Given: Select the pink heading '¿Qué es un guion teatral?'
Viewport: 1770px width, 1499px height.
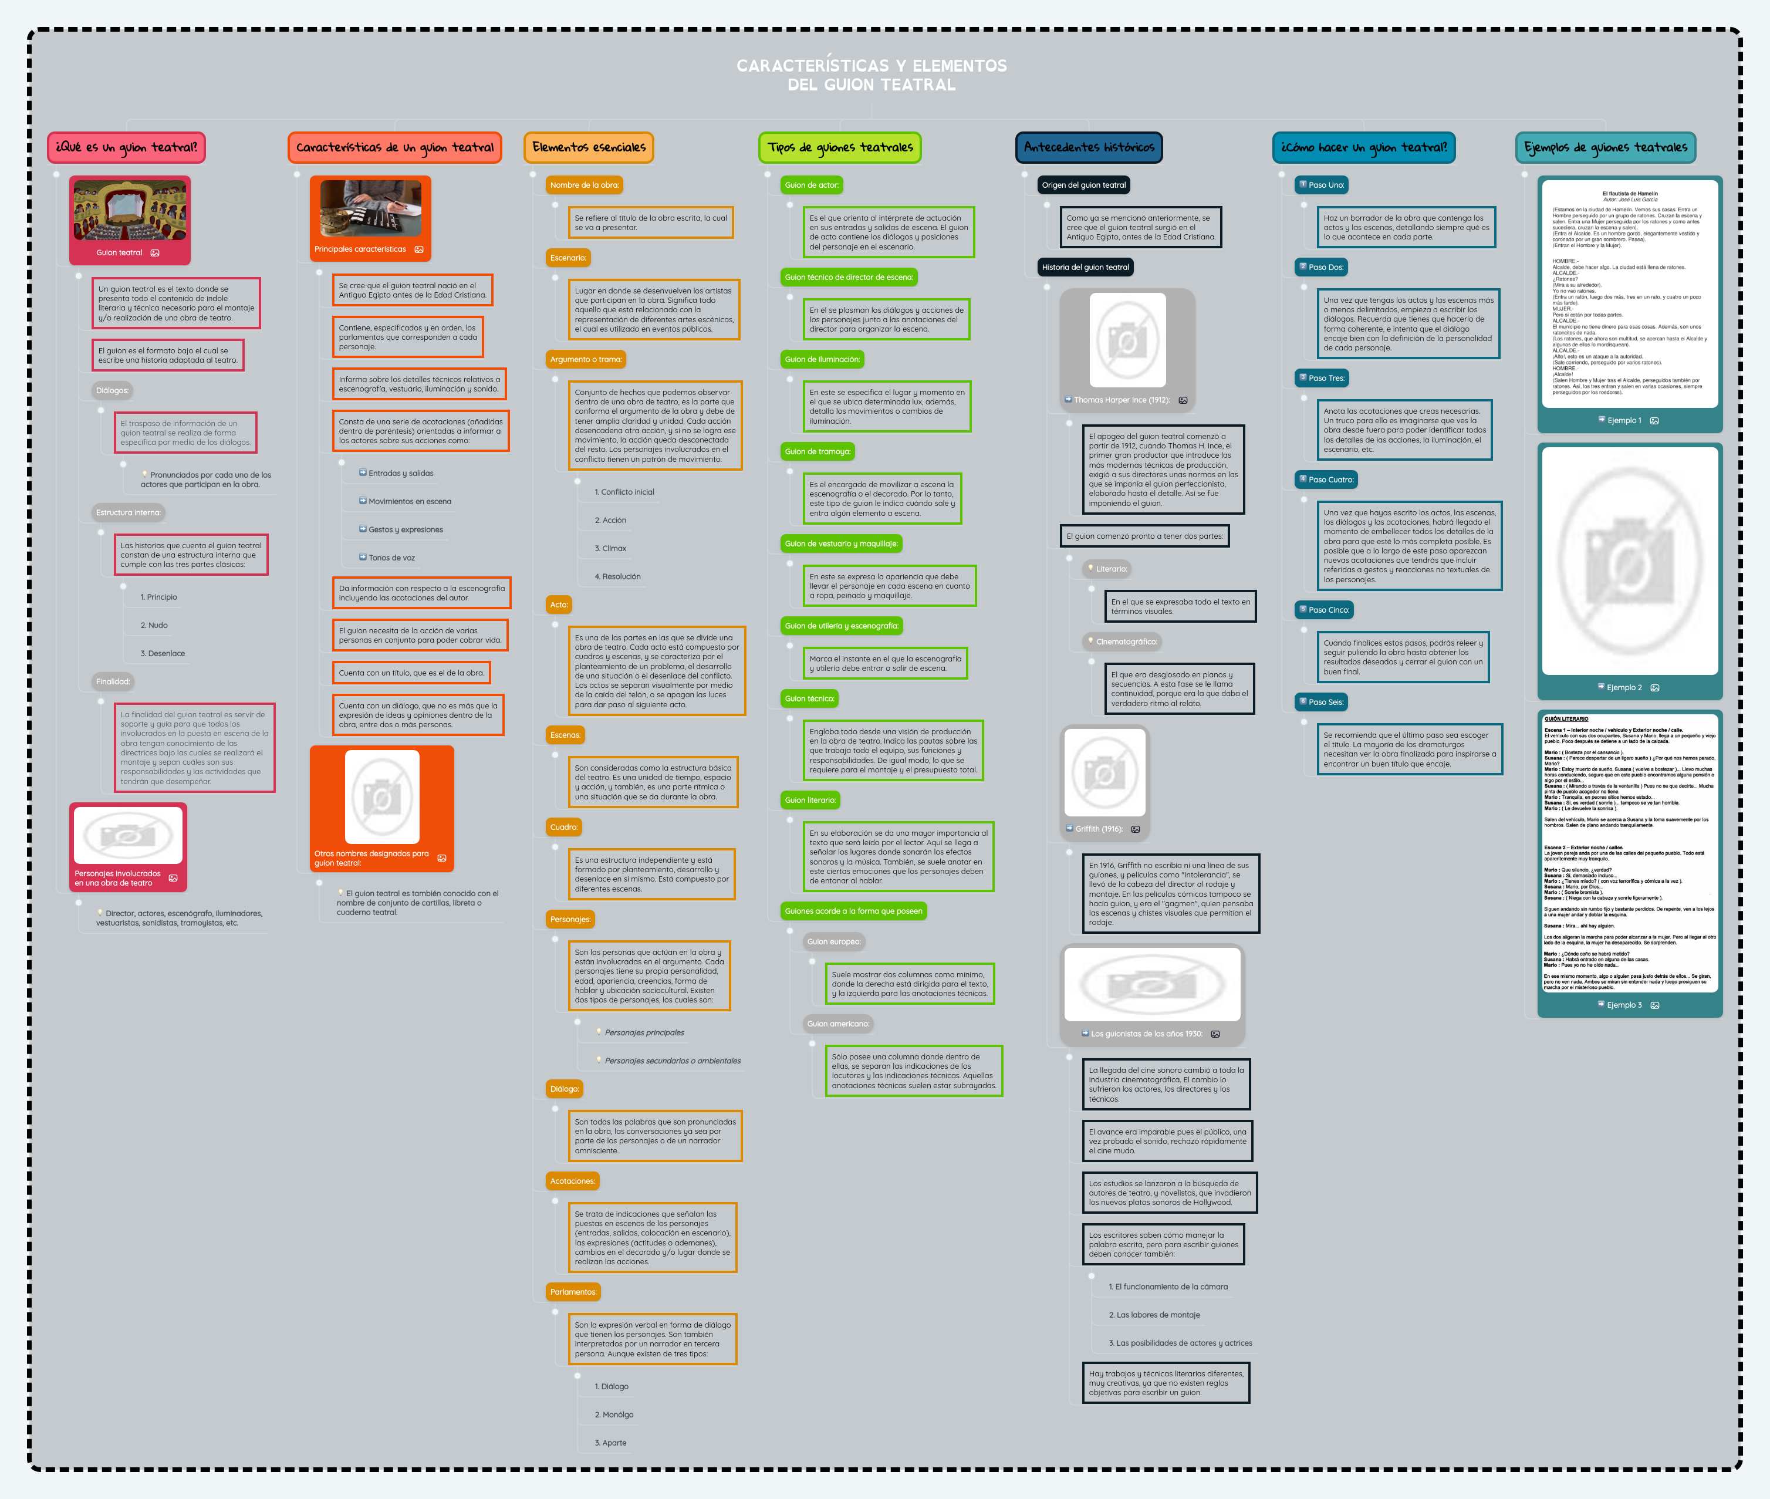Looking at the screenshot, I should point(126,147).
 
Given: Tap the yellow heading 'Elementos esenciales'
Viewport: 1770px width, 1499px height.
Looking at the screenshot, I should point(588,147).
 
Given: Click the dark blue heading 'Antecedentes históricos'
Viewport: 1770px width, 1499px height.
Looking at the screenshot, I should point(1089,147).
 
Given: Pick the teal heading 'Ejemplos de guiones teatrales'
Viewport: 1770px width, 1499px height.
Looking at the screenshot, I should point(1605,147).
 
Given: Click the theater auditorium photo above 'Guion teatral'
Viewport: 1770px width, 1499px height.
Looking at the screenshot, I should point(130,210).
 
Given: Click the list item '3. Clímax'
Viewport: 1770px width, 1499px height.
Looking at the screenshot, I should point(610,548).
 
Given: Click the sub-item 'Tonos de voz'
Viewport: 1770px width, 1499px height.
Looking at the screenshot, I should point(391,558).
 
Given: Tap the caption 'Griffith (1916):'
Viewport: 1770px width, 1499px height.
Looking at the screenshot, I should point(1098,829).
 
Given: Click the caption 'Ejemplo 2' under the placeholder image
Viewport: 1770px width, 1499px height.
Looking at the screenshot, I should point(1623,687).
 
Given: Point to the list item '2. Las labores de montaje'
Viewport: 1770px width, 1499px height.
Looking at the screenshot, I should point(1154,1315).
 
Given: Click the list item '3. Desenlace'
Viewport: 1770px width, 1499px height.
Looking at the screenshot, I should point(163,653).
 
